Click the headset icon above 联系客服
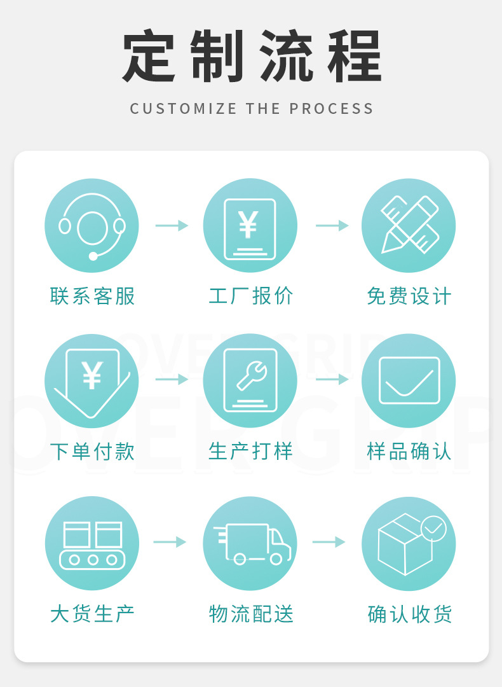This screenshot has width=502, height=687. [92, 226]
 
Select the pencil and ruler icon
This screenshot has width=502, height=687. [409, 226]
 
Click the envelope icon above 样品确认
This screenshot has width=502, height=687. [409, 381]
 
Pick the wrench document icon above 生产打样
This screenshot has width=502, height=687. [250, 381]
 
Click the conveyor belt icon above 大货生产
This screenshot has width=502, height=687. [92, 543]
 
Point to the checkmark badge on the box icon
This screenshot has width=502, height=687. [434, 528]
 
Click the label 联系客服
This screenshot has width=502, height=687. [93, 296]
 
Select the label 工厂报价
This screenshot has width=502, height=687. [251, 296]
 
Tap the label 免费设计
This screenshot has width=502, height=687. [409, 296]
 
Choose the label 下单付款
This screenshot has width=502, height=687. [93, 452]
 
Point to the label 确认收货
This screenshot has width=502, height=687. [410, 614]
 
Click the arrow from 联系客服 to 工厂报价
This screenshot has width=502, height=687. [172, 225]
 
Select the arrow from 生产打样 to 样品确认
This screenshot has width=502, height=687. [332, 380]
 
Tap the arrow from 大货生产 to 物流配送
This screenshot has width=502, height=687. [170, 542]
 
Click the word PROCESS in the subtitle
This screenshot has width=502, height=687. [332, 109]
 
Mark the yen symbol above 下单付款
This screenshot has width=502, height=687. [92, 376]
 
